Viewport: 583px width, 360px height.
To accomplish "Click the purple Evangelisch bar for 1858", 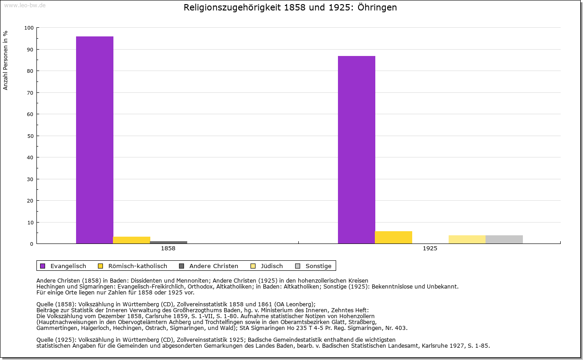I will pos(95,140).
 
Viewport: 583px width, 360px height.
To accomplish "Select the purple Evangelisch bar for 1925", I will pos(357,150).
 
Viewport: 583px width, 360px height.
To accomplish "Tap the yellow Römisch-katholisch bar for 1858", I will pos(132,240).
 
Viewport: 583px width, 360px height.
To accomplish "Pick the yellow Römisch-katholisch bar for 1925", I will pos(394,237).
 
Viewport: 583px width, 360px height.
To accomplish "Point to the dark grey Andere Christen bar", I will pos(169,242).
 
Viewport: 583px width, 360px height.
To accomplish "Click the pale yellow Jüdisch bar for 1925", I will pos(467,239).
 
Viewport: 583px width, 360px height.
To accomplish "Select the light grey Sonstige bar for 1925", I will pos(504,239).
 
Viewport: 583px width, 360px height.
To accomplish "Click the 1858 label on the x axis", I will pos(168,249).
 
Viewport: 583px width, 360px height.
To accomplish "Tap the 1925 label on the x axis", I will pos(430,249).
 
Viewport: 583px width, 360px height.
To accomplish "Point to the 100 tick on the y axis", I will pos(29,28).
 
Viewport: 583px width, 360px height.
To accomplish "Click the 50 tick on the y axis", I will pos(30,136).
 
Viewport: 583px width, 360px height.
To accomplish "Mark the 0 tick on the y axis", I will pos(31,244).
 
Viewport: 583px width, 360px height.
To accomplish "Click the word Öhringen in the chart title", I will pos(377,8).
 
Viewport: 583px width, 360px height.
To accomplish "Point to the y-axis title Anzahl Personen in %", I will pos(6,61).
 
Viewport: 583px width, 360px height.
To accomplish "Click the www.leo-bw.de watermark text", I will pos(24,5).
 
